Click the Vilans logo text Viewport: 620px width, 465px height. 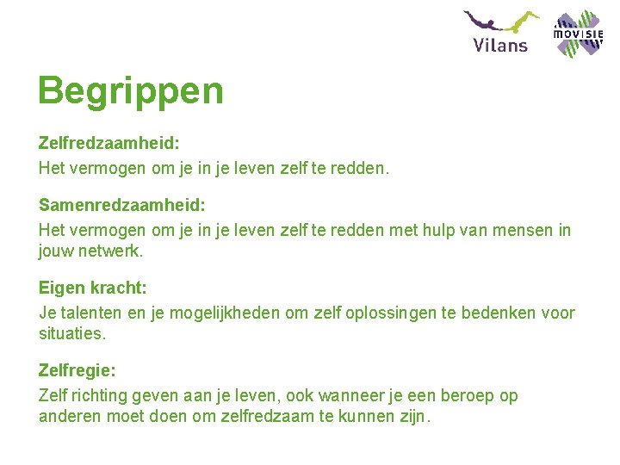[x=499, y=45]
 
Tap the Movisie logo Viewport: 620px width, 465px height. [x=576, y=33]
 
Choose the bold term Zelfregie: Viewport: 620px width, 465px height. [x=77, y=371]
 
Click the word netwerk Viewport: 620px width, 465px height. [x=115, y=252]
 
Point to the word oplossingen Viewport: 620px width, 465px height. [x=387, y=313]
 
